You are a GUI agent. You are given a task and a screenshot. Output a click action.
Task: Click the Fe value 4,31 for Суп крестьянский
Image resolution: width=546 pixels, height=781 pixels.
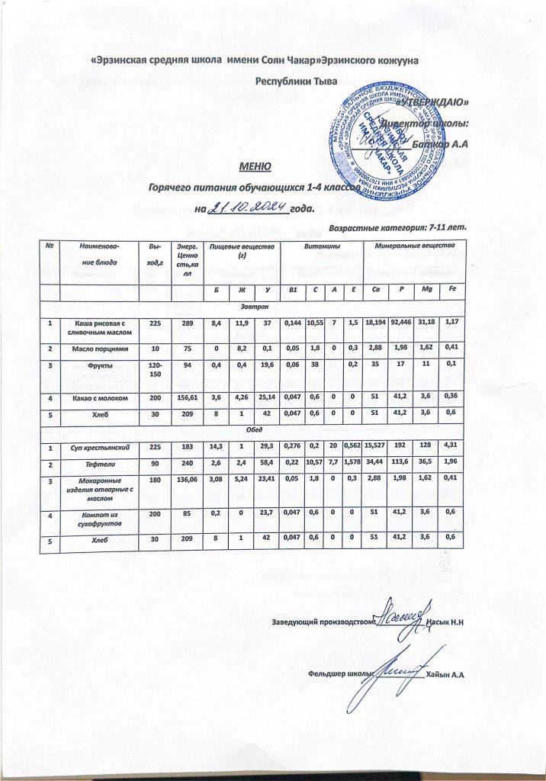point(451,445)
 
